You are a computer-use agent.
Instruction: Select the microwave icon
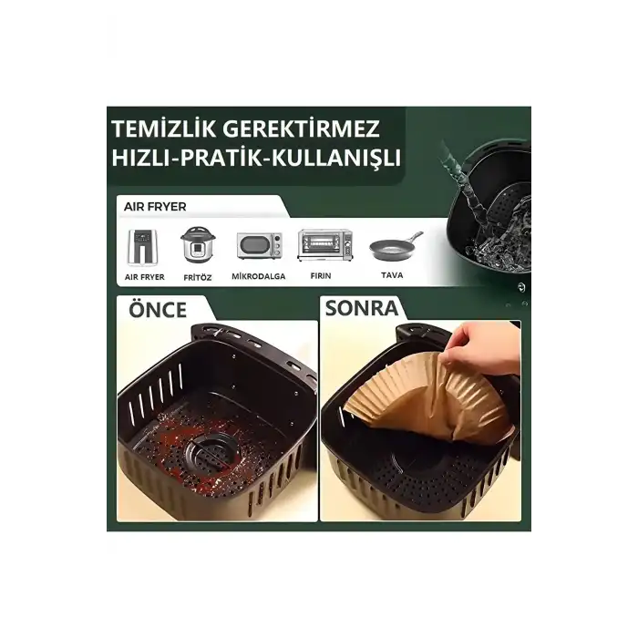[259, 246]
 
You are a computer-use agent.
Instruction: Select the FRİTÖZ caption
[197, 276]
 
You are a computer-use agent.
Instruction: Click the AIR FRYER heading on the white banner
[156, 207]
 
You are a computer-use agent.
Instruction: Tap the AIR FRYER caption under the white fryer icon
[144, 276]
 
